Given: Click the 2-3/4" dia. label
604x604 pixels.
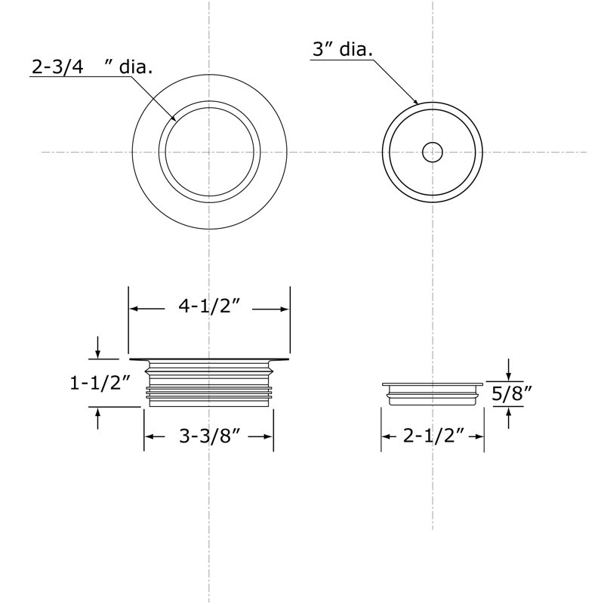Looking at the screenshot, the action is coord(91,67).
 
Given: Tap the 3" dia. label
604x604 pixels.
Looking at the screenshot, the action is coord(343,50).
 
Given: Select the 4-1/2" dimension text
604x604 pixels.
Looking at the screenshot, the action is coord(209,307).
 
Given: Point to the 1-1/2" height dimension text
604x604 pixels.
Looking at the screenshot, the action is coord(100,384).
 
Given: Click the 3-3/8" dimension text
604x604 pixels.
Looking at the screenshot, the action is coord(210,436).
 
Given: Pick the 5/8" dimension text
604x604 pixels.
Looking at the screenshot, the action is coord(512,393).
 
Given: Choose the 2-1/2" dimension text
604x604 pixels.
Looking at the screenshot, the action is coord(433,436).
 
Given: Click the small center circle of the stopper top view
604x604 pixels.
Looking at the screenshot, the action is coord(432,153).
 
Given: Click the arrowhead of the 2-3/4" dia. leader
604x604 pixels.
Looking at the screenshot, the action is coord(174,118).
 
